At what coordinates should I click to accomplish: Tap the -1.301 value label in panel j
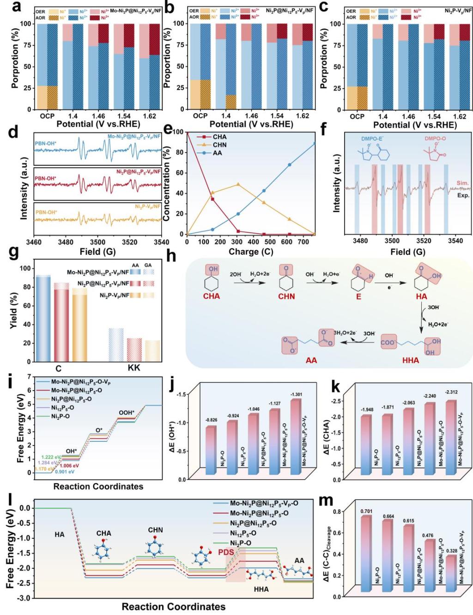pos(297,395)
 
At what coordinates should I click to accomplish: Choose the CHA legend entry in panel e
pos(219,137)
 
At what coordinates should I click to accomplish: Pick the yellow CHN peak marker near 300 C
pos(238,184)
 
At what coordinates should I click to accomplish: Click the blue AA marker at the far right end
pos(315,143)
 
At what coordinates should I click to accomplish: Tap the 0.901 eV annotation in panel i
pos(65,472)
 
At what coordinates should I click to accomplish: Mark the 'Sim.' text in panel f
pos(462,183)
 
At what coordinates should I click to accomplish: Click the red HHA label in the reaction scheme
pos(411,360)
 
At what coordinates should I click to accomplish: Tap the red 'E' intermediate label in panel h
pos(358,296)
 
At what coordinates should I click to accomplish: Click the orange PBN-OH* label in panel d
pos(46,212)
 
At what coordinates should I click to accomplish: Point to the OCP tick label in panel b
pos(200,116)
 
